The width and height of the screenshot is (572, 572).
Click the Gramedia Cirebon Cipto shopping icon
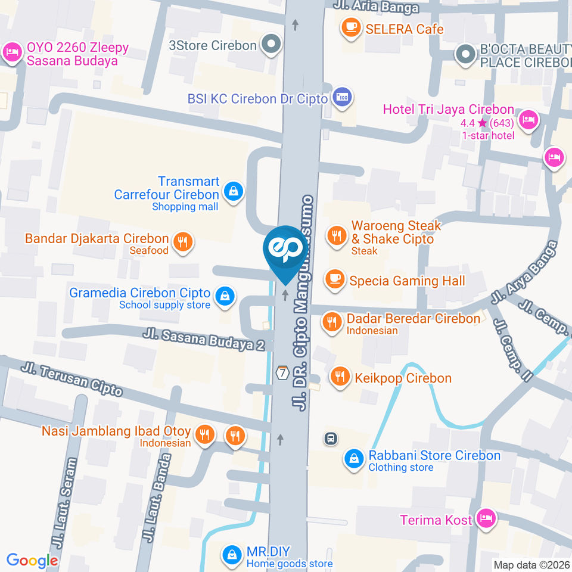(x=225, y=296)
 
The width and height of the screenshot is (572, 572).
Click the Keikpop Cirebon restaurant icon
(x=340, y=377)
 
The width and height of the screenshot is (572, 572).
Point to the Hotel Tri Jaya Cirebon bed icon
(x=528, y=120)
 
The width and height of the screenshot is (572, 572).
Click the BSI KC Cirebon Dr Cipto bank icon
(x=342, y=97)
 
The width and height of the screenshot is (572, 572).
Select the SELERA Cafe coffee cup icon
(x=350, y=27)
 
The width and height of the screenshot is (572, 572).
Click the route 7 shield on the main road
(x=282, y=372)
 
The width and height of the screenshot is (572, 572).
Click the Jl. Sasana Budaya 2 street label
(x=204, y=340)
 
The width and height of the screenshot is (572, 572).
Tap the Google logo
(x=32, y=560)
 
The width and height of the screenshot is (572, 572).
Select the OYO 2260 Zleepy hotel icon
(x=11, y=52)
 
